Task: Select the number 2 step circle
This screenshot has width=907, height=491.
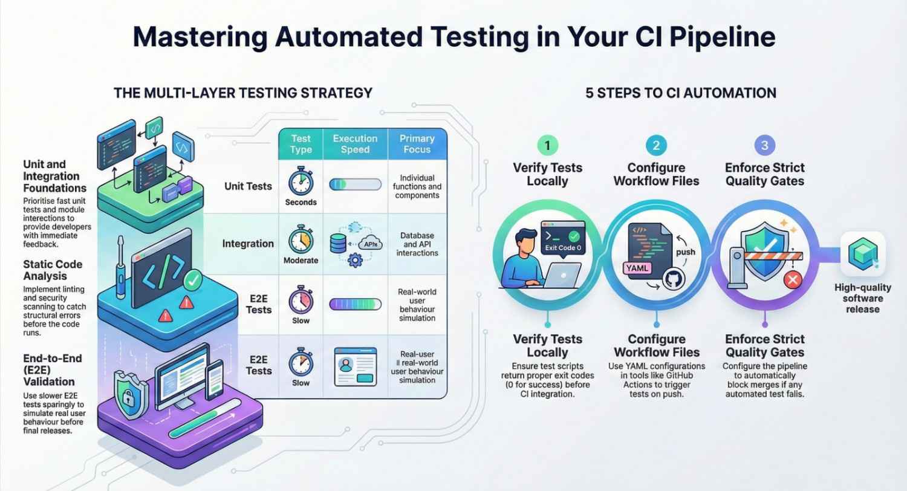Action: pos(655,146)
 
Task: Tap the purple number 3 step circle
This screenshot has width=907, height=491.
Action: pos(764,146)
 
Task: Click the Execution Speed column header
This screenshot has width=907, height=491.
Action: pos(355,143)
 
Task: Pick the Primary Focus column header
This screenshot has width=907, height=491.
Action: pos(417,143)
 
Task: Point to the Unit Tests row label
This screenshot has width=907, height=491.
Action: pos(248,186)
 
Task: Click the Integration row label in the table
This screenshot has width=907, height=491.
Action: pos(248,243)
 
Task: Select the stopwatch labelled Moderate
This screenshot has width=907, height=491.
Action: pos(301,239)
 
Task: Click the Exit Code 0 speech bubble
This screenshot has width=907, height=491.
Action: pos(562,240)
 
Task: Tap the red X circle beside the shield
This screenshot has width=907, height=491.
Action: pos(792,279)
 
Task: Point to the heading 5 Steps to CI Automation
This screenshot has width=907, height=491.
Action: pos(681,93)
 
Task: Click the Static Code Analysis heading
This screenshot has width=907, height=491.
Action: pos(53,270)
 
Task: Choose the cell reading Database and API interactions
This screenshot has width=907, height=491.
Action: pos(417,244)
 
